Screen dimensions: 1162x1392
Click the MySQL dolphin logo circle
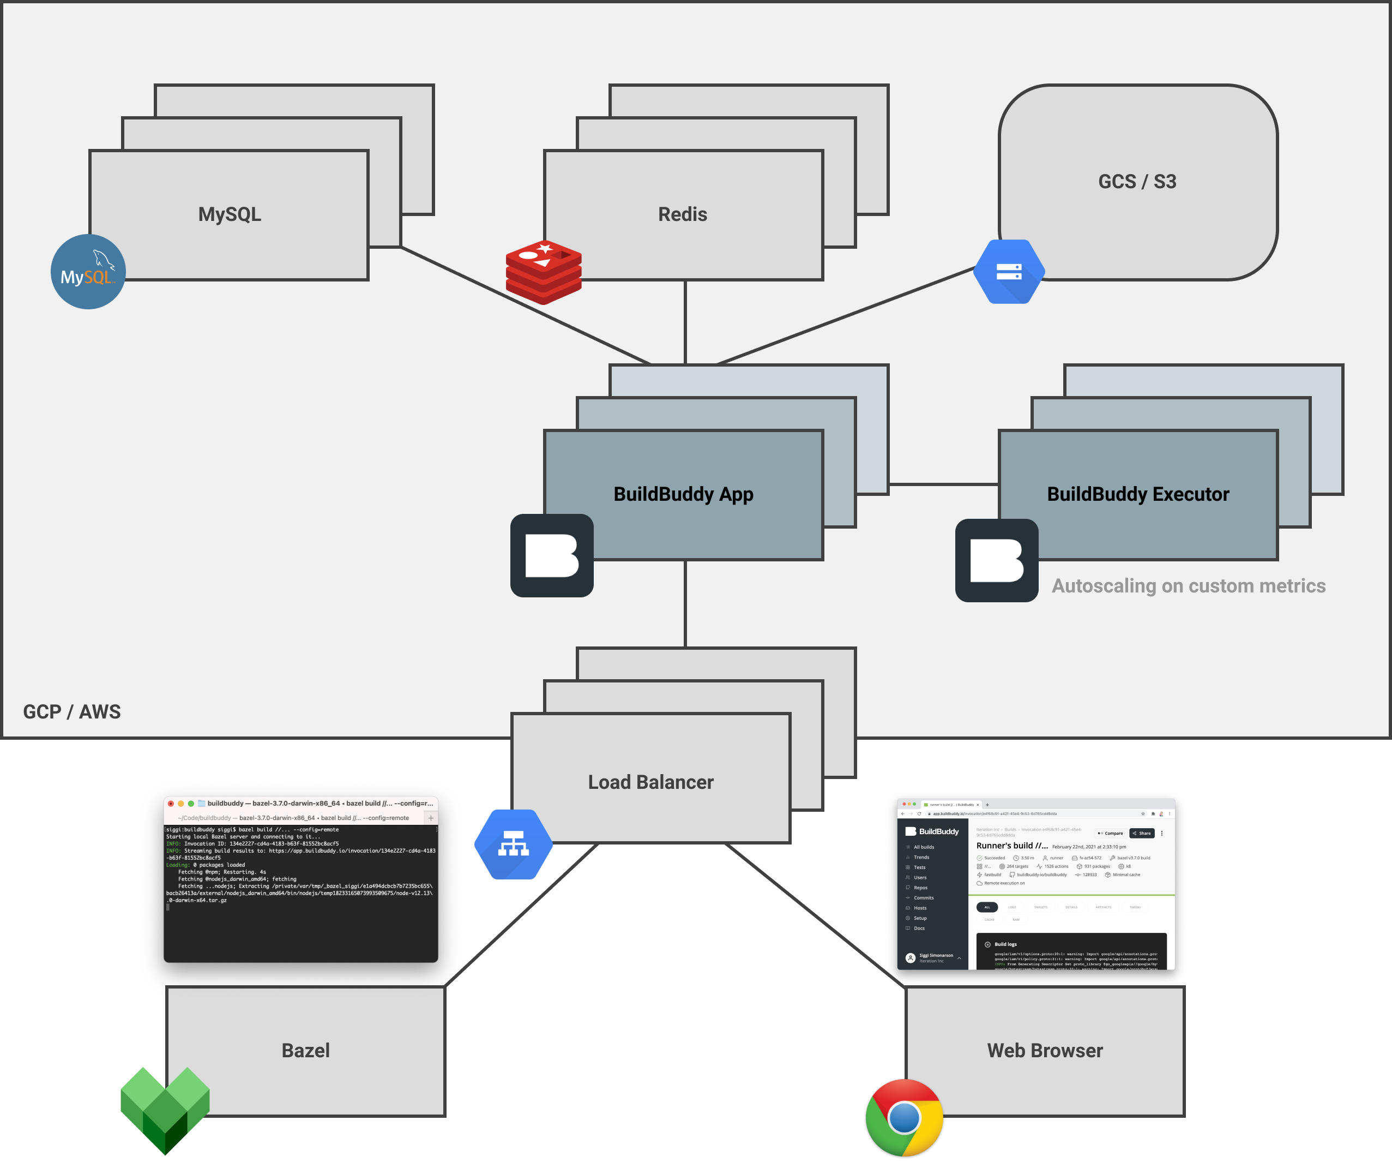point(88,272)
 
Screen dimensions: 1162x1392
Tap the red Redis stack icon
point(544,272)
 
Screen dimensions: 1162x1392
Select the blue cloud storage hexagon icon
point(1009,271)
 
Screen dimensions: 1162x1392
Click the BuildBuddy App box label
point(683,494)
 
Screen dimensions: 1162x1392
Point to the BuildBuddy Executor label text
point(1137,494)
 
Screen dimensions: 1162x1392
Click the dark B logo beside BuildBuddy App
point(551,556)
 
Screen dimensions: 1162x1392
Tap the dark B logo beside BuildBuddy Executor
point(996,560)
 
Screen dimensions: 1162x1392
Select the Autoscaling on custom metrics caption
point(1188,586)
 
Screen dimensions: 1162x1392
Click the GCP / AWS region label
point(71,712)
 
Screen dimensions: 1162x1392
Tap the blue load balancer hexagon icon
point(514,844)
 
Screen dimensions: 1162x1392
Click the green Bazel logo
point(165,1109)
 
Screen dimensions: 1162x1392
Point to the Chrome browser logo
point(904,1118)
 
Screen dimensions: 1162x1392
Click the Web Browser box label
point(1045,1051)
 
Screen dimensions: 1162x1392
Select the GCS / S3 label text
point(1137,182)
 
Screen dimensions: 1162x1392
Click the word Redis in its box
point(682,214)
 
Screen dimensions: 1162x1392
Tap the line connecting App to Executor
point(943,484)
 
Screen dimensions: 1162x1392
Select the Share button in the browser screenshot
point(1141,833)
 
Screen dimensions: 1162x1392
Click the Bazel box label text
point(305,1051)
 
